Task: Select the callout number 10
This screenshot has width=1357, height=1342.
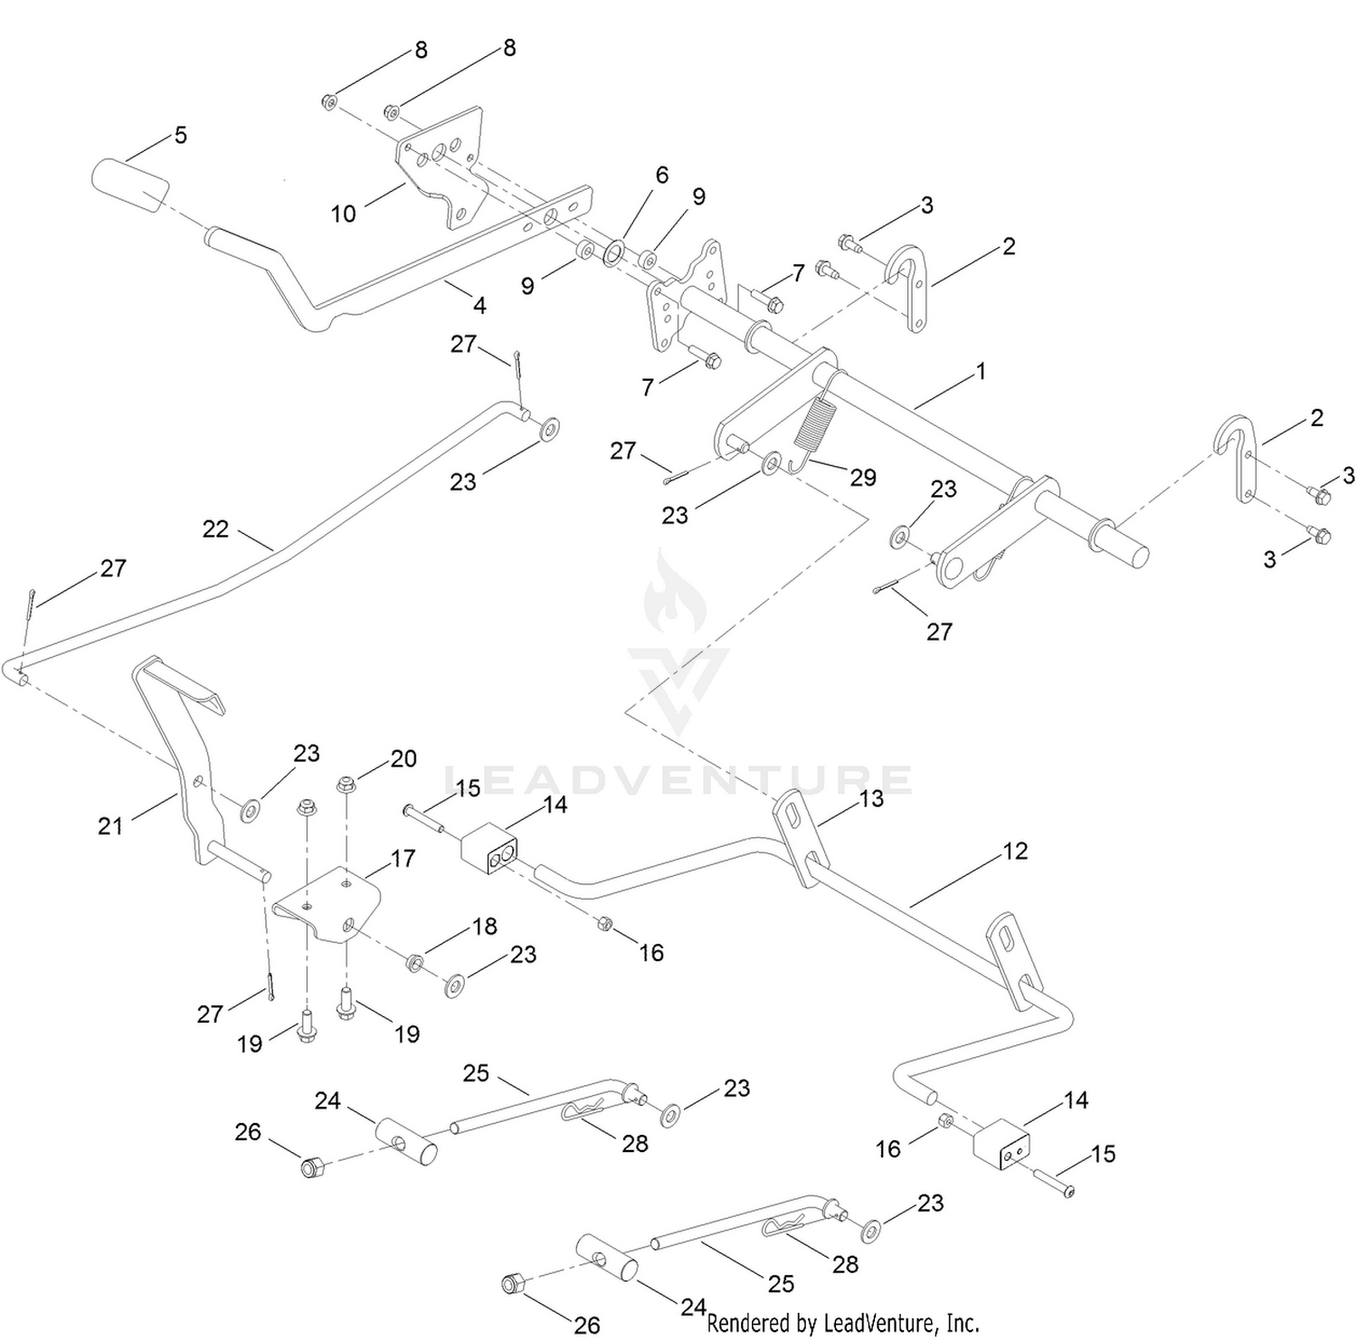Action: [x=344, y=214]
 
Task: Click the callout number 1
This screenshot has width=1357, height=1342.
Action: [x=981, y=371]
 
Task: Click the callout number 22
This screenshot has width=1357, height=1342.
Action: [x=215, y=528]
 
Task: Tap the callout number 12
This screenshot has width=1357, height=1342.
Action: [x=1015, y=851]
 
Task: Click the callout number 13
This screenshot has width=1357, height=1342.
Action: [x=871, y=798]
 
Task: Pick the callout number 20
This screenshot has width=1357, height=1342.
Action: [x=403, y=758]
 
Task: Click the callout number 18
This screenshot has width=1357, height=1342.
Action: [x=485, y=926]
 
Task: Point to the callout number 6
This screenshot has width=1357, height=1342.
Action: [x=662, y=174]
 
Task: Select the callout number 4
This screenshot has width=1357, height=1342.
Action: [x=479, y=306]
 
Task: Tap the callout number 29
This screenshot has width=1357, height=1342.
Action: [x=863, y=477]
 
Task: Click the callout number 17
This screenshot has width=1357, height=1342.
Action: [x=403, y=858]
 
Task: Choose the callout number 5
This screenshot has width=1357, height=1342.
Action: [x=181, y=135]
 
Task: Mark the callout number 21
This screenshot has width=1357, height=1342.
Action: [x=110, y=825]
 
